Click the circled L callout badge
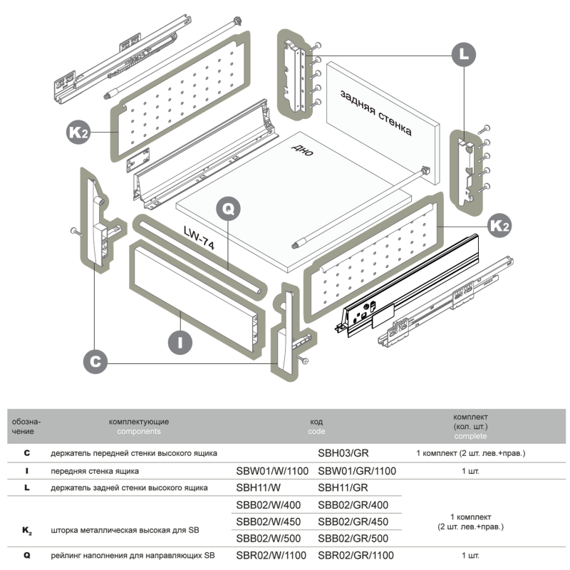464,53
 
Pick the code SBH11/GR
343,488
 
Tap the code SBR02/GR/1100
356,556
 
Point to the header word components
139,431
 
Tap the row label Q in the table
27,556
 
